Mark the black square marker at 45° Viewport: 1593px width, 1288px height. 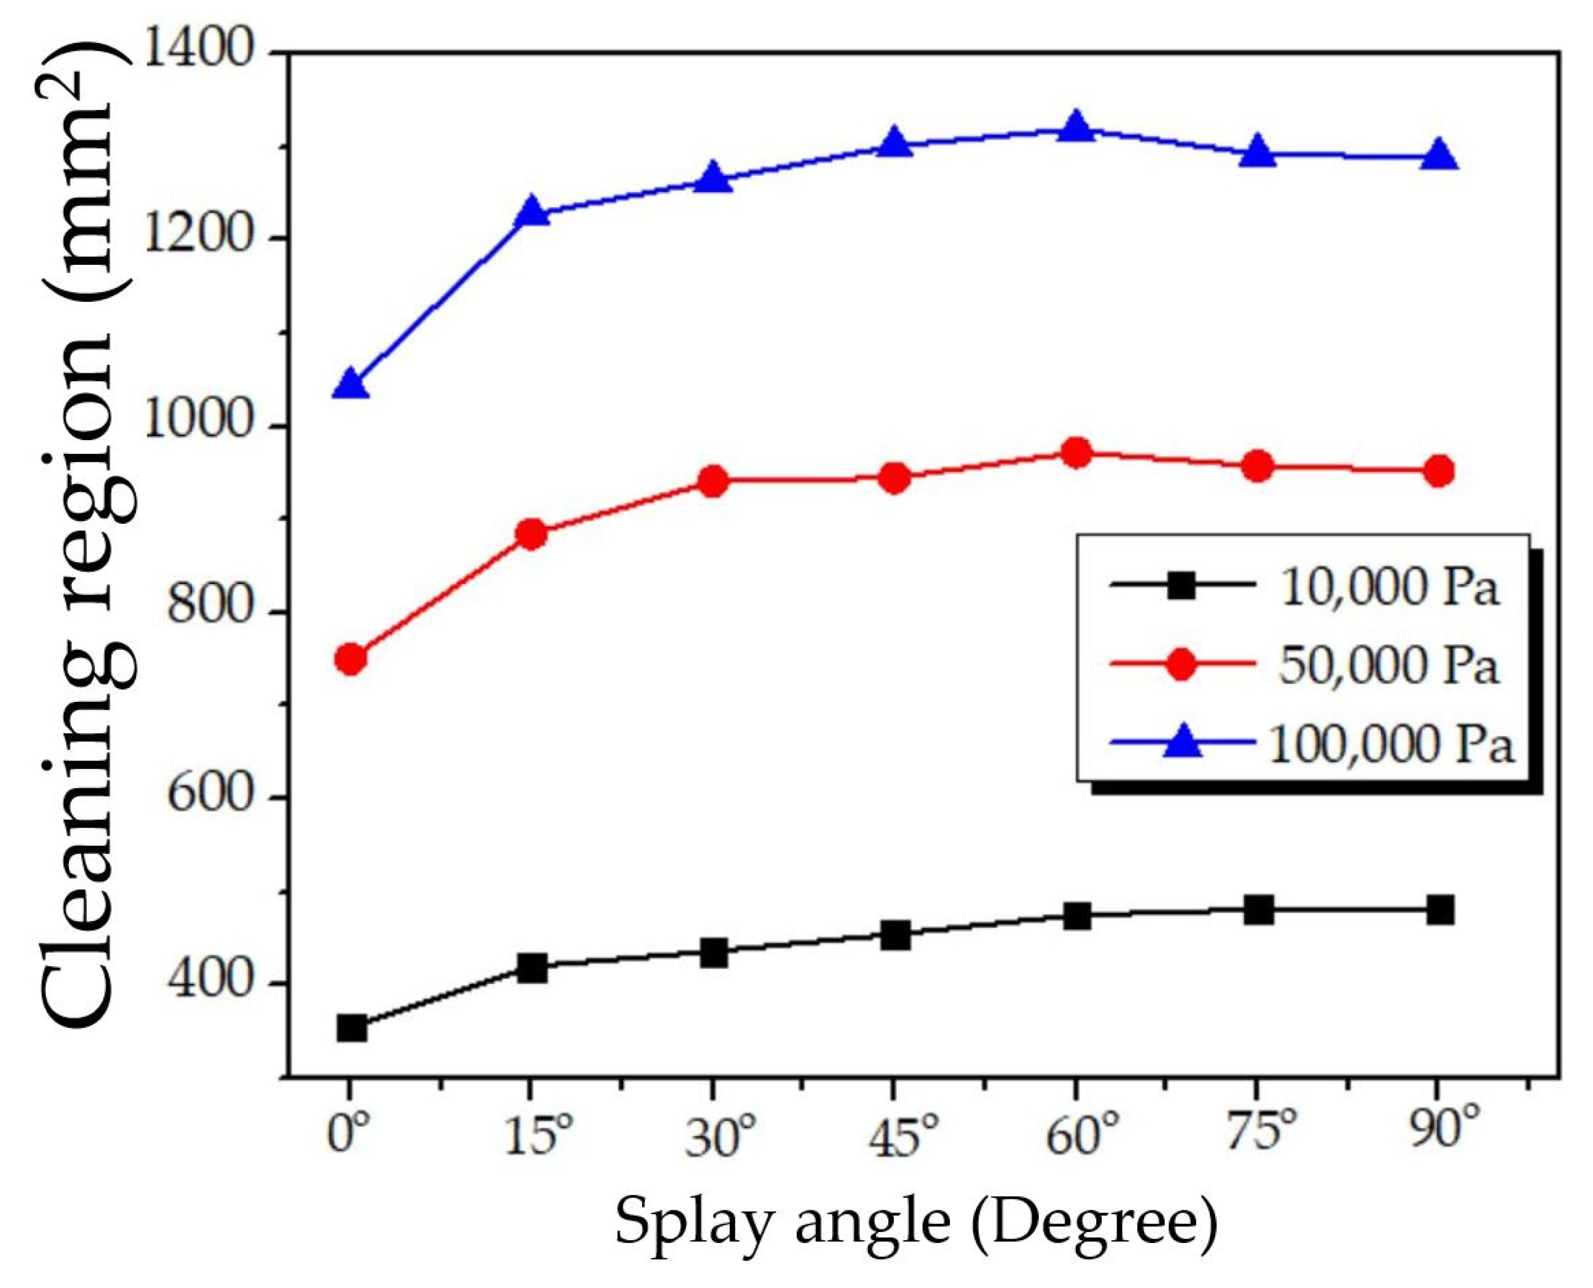[896, 936]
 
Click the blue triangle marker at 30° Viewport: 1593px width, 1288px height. [713, 179]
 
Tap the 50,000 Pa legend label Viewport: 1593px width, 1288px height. [1387, 665]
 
